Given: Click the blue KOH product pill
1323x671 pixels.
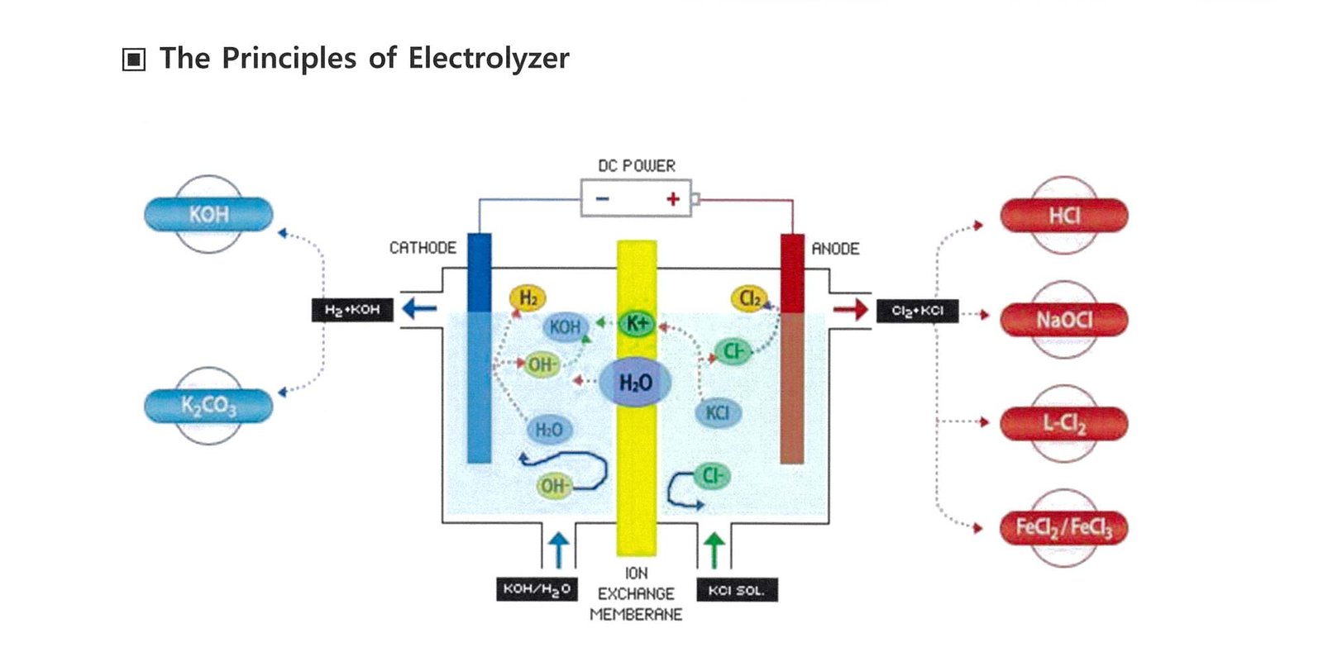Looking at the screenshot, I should pyautogui.click(x=208, y=215).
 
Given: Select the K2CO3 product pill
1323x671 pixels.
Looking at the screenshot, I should pyautogui.click(x=208, y=406).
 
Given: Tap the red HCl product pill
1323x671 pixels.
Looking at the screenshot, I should pyautogui.click(x=1063, y=216).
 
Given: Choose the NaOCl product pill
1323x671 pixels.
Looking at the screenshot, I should pyautogui.click(x=1063, y=320).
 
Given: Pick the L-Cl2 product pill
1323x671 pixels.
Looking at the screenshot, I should pyautogui.click(x=1063, y=424).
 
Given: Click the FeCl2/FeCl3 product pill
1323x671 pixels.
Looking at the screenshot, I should pyautogui.click(x=1063, y=527).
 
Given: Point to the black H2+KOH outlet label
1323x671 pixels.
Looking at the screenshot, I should pyautogui.click(x=352, y=310).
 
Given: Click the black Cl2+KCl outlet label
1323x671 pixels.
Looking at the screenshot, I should pyautogui.click(x=917, y=311).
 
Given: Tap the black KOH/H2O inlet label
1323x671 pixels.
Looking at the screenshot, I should pyautogui.click(x=537, y=589).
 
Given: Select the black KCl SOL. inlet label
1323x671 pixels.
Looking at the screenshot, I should pyautogui.click(x=736, y=590).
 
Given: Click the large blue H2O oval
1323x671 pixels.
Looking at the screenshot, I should pyautogui.click(x=635, y=383).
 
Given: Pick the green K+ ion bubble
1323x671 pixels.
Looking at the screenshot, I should pyautogui.click(x=637, y=323).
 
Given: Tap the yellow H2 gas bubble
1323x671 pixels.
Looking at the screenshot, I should pyautogui.click(x=528, y=297).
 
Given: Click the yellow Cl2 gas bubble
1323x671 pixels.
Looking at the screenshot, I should pyautogui.click(x=749, y=298).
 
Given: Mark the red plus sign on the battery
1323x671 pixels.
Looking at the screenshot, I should pyautogui.click(x=673, y=198).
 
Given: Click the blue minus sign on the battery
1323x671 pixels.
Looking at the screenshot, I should pyautogui.click(x=603, y=198).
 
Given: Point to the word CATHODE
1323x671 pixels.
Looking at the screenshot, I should pyautogui.click(x=423, y=248).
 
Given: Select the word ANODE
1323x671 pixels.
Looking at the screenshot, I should pyautogui.click(x=835, y=249).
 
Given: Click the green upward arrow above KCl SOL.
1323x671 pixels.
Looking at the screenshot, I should pyautogui.click(x=714, y=550).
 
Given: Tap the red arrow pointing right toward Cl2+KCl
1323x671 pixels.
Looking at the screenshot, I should pyautogui.click(x=850, y=310).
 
